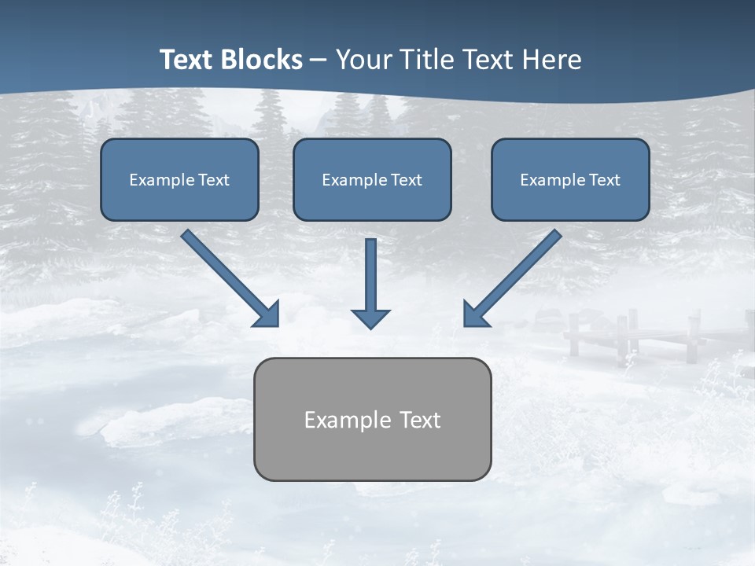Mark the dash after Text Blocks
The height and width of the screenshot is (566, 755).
coord(319,61)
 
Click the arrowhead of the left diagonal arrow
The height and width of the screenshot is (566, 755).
coord(267,314)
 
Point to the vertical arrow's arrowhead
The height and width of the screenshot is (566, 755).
coord(370,318)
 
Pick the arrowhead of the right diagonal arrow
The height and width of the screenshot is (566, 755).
coord(475,314)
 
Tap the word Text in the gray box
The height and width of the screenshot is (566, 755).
coord(420,420)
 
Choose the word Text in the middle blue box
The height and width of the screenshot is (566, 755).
coord(407,180)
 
